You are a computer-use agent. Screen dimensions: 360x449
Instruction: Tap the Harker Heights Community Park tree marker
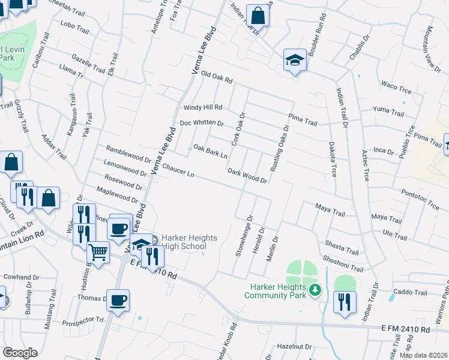tap(314, 291)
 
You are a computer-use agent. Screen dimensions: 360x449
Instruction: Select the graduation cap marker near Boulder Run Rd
tap(294, 59)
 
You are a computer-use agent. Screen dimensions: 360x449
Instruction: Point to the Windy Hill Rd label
tap(202, 108)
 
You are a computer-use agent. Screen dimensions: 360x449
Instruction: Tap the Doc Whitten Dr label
tap(202, 124)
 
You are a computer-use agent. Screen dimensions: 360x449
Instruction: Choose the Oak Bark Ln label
tap(210, 152)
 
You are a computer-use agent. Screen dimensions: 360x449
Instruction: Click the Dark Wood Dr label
tap(247, 175)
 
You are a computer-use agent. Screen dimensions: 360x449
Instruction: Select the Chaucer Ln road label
tap(178, 171)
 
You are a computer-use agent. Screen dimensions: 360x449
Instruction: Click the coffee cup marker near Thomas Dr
tap(119, 299)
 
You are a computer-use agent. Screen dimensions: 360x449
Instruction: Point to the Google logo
tap(20, 352)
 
